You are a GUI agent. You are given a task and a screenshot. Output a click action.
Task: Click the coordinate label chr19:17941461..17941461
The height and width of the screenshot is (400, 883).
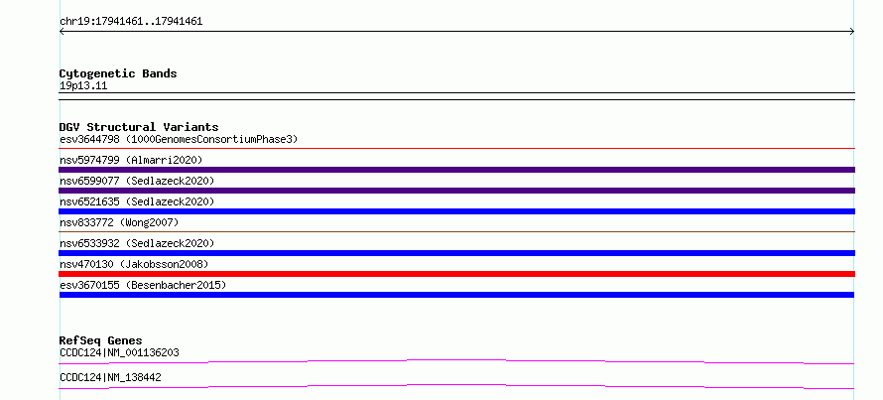131,22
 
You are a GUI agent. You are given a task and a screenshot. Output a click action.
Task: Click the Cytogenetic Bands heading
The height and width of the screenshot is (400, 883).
118,73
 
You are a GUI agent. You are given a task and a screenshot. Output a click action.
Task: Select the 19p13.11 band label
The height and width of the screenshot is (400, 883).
83,86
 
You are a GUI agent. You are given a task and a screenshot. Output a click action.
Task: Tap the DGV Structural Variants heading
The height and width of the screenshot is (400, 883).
139,127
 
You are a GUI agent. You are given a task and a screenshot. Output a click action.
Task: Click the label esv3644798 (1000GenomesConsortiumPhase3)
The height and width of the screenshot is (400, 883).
179,139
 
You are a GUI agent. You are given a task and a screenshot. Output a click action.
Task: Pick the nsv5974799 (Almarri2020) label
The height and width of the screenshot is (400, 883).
131,160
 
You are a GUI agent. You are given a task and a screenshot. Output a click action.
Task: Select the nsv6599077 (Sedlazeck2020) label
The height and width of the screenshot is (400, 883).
137,181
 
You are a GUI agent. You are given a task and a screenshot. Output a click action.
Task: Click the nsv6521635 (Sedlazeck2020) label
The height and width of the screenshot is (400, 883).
137,201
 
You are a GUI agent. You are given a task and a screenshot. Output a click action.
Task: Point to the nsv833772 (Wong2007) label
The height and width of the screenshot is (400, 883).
119,222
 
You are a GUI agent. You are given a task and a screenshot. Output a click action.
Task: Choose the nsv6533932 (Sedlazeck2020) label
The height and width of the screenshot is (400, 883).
137,243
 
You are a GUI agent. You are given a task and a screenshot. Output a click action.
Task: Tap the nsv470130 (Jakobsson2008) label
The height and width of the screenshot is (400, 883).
134,264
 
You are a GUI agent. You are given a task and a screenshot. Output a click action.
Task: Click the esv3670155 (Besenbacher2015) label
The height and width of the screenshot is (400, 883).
143,285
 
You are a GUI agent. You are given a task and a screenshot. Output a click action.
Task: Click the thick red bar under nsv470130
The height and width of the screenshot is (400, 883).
456,274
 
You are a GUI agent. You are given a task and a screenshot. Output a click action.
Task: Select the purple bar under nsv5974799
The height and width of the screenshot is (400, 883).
456,170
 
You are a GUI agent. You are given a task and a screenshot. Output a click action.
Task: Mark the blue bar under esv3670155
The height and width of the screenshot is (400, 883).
456,295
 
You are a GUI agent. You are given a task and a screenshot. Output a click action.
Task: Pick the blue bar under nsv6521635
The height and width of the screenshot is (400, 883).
456,211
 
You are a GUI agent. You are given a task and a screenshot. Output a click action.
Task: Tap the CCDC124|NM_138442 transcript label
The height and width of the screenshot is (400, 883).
110,377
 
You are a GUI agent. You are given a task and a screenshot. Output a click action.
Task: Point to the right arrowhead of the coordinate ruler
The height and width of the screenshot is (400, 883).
852,32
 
